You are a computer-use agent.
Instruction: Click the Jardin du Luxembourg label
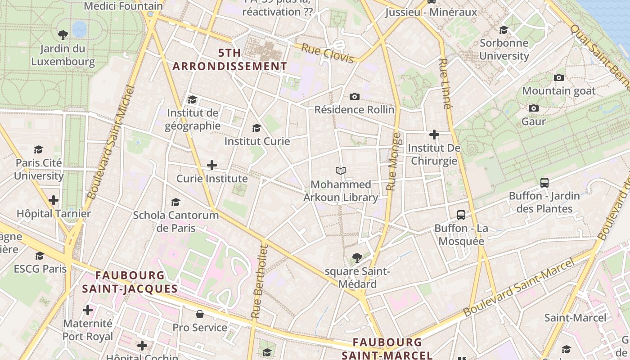pyautogui.click(x=63, y=55)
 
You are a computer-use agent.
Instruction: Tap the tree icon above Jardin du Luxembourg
pyautogui.click(x=63, y=35)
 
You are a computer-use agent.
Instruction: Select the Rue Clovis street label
pyautogui.click(x=327, y=54)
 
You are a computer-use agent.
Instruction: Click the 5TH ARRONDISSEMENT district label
pyautogui.click(x=229, y=59)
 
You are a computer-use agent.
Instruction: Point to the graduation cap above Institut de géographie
pyautogui.click(x=193, y=99)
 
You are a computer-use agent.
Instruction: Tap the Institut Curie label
pyautogui.click(x=257, y=141)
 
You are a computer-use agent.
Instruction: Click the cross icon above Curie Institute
pyautogui.click(x=212, y=165)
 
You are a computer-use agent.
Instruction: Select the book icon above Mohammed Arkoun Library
pyautogui.click(x=341, y=171)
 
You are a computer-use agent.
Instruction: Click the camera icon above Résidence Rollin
pyautogui.click(x=354, y=96)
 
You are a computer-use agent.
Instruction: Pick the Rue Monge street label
pyautogui.click(x=393, y=161)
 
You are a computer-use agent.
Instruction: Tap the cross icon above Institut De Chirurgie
pyautogui.click(x=434, y=135)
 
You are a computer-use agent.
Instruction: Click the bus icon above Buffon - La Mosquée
pyautogui.click(x=461, y=215)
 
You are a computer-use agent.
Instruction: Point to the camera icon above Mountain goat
pyautogui.click(x=559, y=77)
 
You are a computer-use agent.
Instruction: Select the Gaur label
pyautogui.click(x=533, y=121)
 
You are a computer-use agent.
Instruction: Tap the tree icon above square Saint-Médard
pyautogui.click(x=357, y=258)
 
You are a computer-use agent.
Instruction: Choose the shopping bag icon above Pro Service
pyautogui.click(x=200, y=314)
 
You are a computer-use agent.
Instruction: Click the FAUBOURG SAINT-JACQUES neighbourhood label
pyautogui.click(x=130, y=282)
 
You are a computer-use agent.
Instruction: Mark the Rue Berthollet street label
pyautogui.click(x=259, y=281)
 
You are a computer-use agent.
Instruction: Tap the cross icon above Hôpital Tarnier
pyautogui.click(x=54, y=200)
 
